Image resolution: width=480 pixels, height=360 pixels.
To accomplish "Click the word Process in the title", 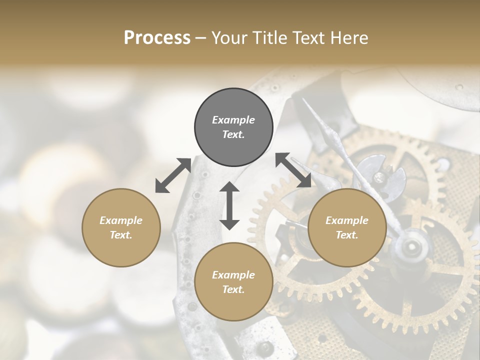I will coord(157,38).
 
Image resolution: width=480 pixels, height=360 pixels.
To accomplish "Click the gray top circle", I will coord(233,127).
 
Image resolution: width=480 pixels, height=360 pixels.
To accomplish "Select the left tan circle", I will coord(121,227).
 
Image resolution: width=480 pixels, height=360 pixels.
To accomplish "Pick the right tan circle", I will coord(347,227).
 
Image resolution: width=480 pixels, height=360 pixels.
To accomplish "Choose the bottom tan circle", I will coord(233,282).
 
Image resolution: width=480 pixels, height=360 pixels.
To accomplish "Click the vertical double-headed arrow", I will coord(229,205).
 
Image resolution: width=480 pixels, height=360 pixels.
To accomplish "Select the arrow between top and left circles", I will coord(173,175).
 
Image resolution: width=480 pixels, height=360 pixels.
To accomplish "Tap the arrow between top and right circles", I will coord(293,170).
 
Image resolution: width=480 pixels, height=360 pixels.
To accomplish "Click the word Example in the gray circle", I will coord(233,120).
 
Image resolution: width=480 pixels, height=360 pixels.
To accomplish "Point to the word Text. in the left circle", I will coord(121,235).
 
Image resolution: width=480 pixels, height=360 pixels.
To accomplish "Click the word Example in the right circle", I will coord(347,220).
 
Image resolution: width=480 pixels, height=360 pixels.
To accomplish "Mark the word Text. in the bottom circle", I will coord(233,289).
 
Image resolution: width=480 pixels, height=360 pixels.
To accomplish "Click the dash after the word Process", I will coord(201,38).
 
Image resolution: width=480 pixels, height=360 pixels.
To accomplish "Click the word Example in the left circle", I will coord(121,220).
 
